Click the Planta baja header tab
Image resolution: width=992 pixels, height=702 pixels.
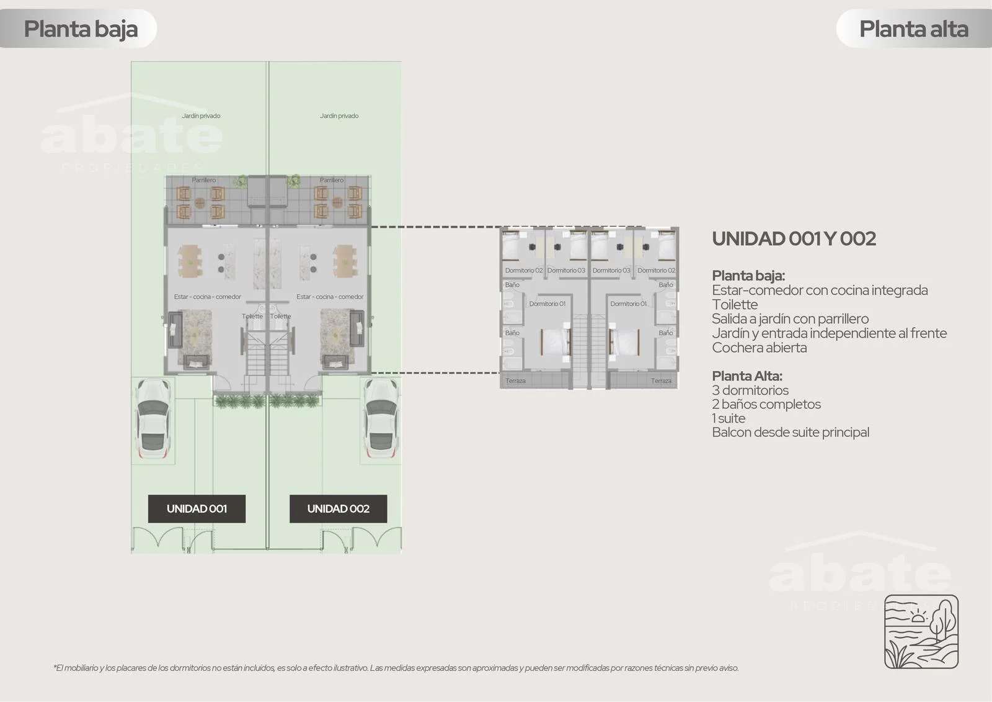pyautogui.click(x=78, y=29)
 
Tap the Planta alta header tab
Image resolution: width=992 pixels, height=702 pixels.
pyautogui.click(x=914, y=29)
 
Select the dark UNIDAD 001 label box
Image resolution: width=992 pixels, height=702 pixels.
pyautogui.click(x=197, y=508)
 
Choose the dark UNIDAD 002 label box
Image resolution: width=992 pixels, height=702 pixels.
pyautogui.click(x=339, y=508)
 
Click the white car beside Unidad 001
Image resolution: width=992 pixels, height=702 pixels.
pyautogui.click(x=153, y=418)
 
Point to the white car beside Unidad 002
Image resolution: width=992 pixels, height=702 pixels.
pyautogui.click(x=381, y=418)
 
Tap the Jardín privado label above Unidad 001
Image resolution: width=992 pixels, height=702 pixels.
pyautogui.click(x=201, y=115)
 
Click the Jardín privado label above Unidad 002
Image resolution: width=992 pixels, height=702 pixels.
pyautogui.click(x=339, y=115)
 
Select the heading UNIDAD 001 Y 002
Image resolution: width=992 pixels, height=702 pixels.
pyautogui.click(x=794, y=238)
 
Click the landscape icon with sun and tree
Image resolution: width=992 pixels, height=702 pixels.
pyautogui.click(x=921, y=631)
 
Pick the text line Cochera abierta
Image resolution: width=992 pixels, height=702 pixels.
pyautogui.click(x=759, y=348)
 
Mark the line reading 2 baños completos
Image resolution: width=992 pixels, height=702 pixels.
pyautogui.click(x=766, y=404)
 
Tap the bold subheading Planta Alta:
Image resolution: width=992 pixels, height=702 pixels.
pyautogui.click(x=747, y=376)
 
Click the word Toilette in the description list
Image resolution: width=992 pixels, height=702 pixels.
pyautogui.click(x=735, y=305)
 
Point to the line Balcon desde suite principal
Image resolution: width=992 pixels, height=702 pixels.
pyautogui.click(x=791, y=433)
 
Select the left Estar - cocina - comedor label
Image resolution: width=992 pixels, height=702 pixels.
pyautogui.click(x=208, y=297)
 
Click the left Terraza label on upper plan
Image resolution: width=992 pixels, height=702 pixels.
pyautogui.click(x=515, y=380)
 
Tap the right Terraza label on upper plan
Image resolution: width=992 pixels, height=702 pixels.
pyautogui.click(x=661, y=380)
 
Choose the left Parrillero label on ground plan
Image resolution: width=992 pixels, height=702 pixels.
pyautogui.click(x=204, y=180)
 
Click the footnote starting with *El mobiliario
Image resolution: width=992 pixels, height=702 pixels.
pyautogui.click(x=396, y=668)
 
